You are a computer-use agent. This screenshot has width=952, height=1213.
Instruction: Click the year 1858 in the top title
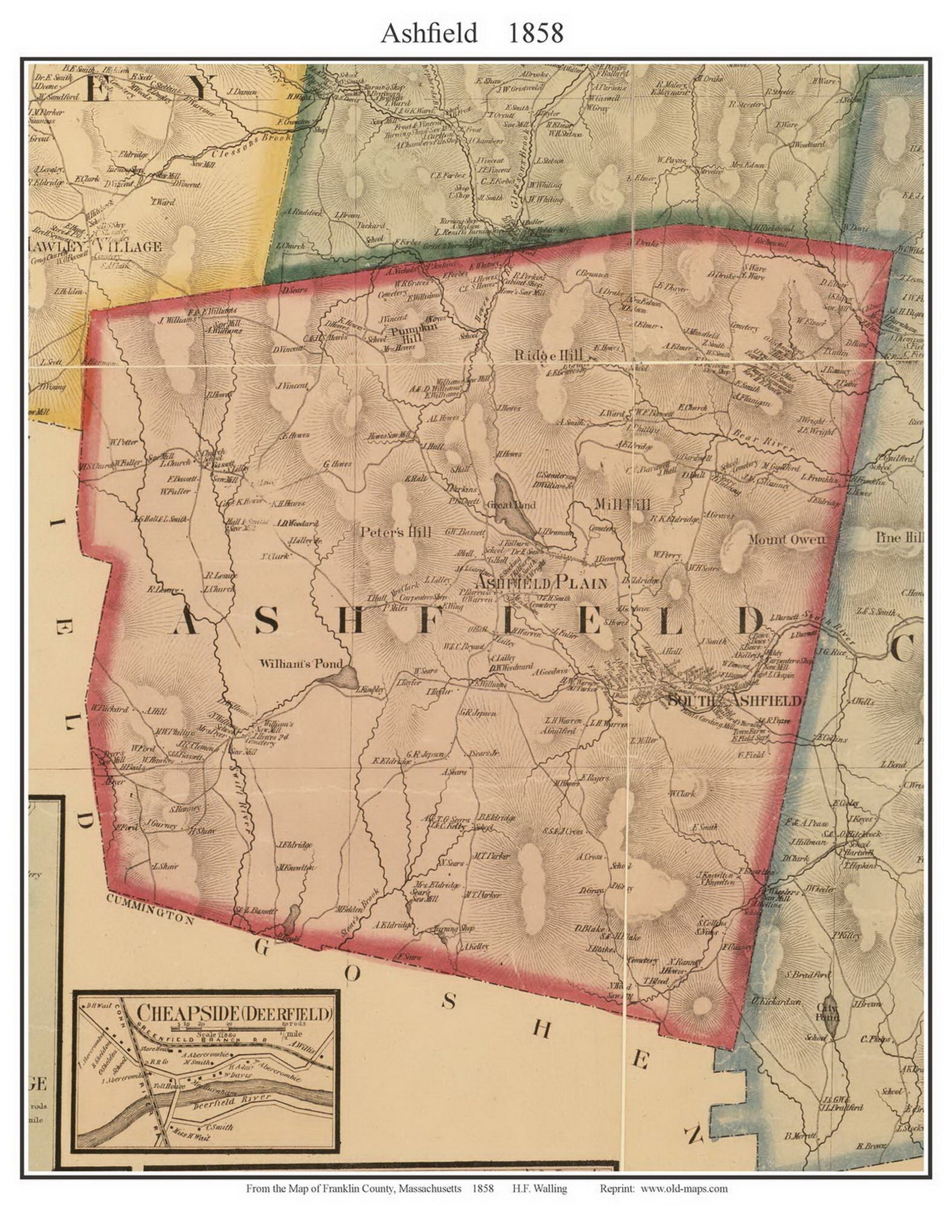535,34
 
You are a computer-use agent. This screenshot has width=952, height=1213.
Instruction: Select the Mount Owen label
786,539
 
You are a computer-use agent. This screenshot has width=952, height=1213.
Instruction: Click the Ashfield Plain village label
541,582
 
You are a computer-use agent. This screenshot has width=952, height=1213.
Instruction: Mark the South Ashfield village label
734,700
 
